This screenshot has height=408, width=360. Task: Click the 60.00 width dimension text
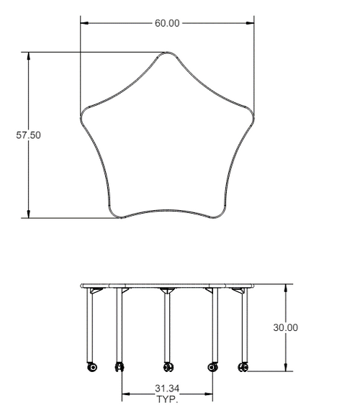click(167, 23)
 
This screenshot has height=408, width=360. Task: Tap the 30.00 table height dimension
click(285, 327)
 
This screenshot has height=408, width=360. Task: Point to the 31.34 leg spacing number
click(167, 389)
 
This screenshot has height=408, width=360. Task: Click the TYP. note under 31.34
click(167, 398)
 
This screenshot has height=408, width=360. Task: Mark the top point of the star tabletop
click(167, 54)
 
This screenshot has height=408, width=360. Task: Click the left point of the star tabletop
click(83, 115)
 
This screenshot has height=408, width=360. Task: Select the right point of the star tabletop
click(252, 115)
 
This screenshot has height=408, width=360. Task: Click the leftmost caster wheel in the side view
click(91, 367)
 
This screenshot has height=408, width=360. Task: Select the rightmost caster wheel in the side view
click(243, 367)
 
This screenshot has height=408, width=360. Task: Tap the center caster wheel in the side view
click(167, 367)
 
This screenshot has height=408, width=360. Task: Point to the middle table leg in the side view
click(167, 327)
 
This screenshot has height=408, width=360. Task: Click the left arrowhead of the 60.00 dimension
click(84, 23)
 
